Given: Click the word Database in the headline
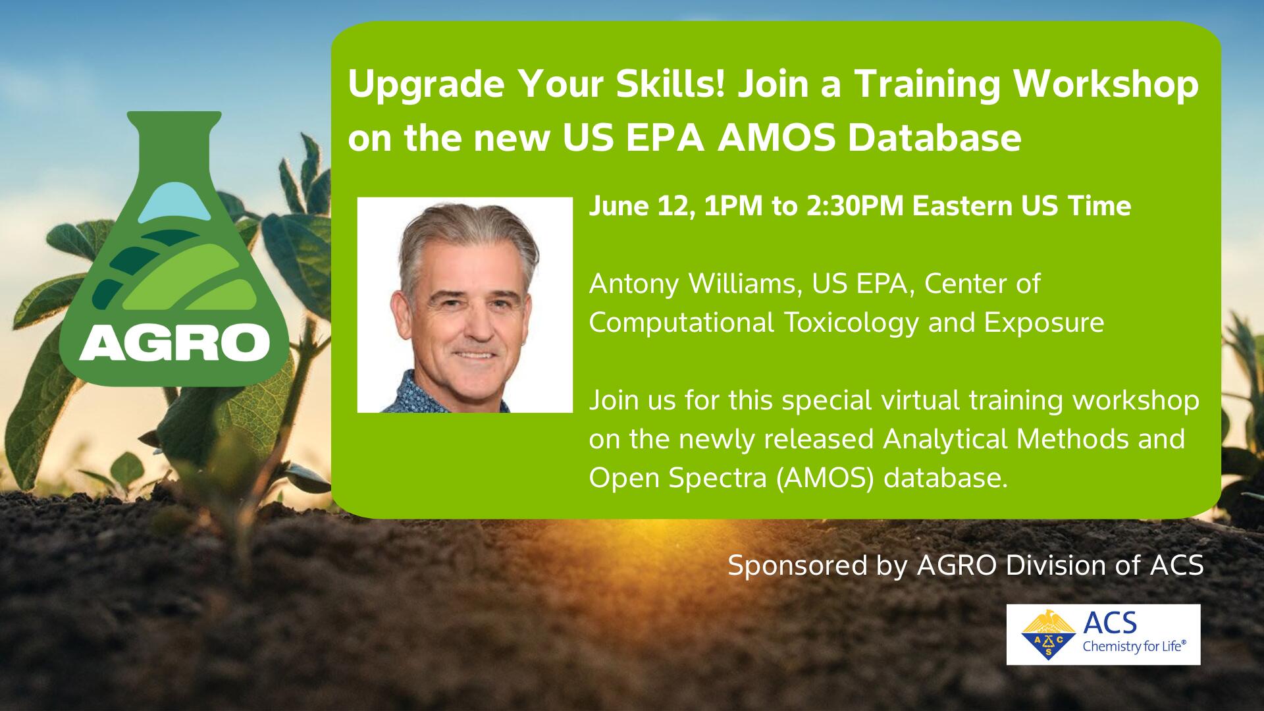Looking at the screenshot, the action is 934,138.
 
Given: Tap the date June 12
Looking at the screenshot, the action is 642,207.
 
